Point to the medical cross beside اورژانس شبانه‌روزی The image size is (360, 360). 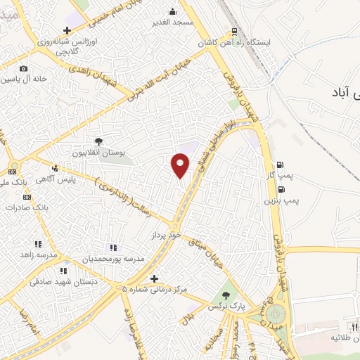[x=67, y=30]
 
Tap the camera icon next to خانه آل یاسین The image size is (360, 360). [x=24, y=69]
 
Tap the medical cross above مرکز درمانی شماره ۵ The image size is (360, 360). [x=154, y=278]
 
